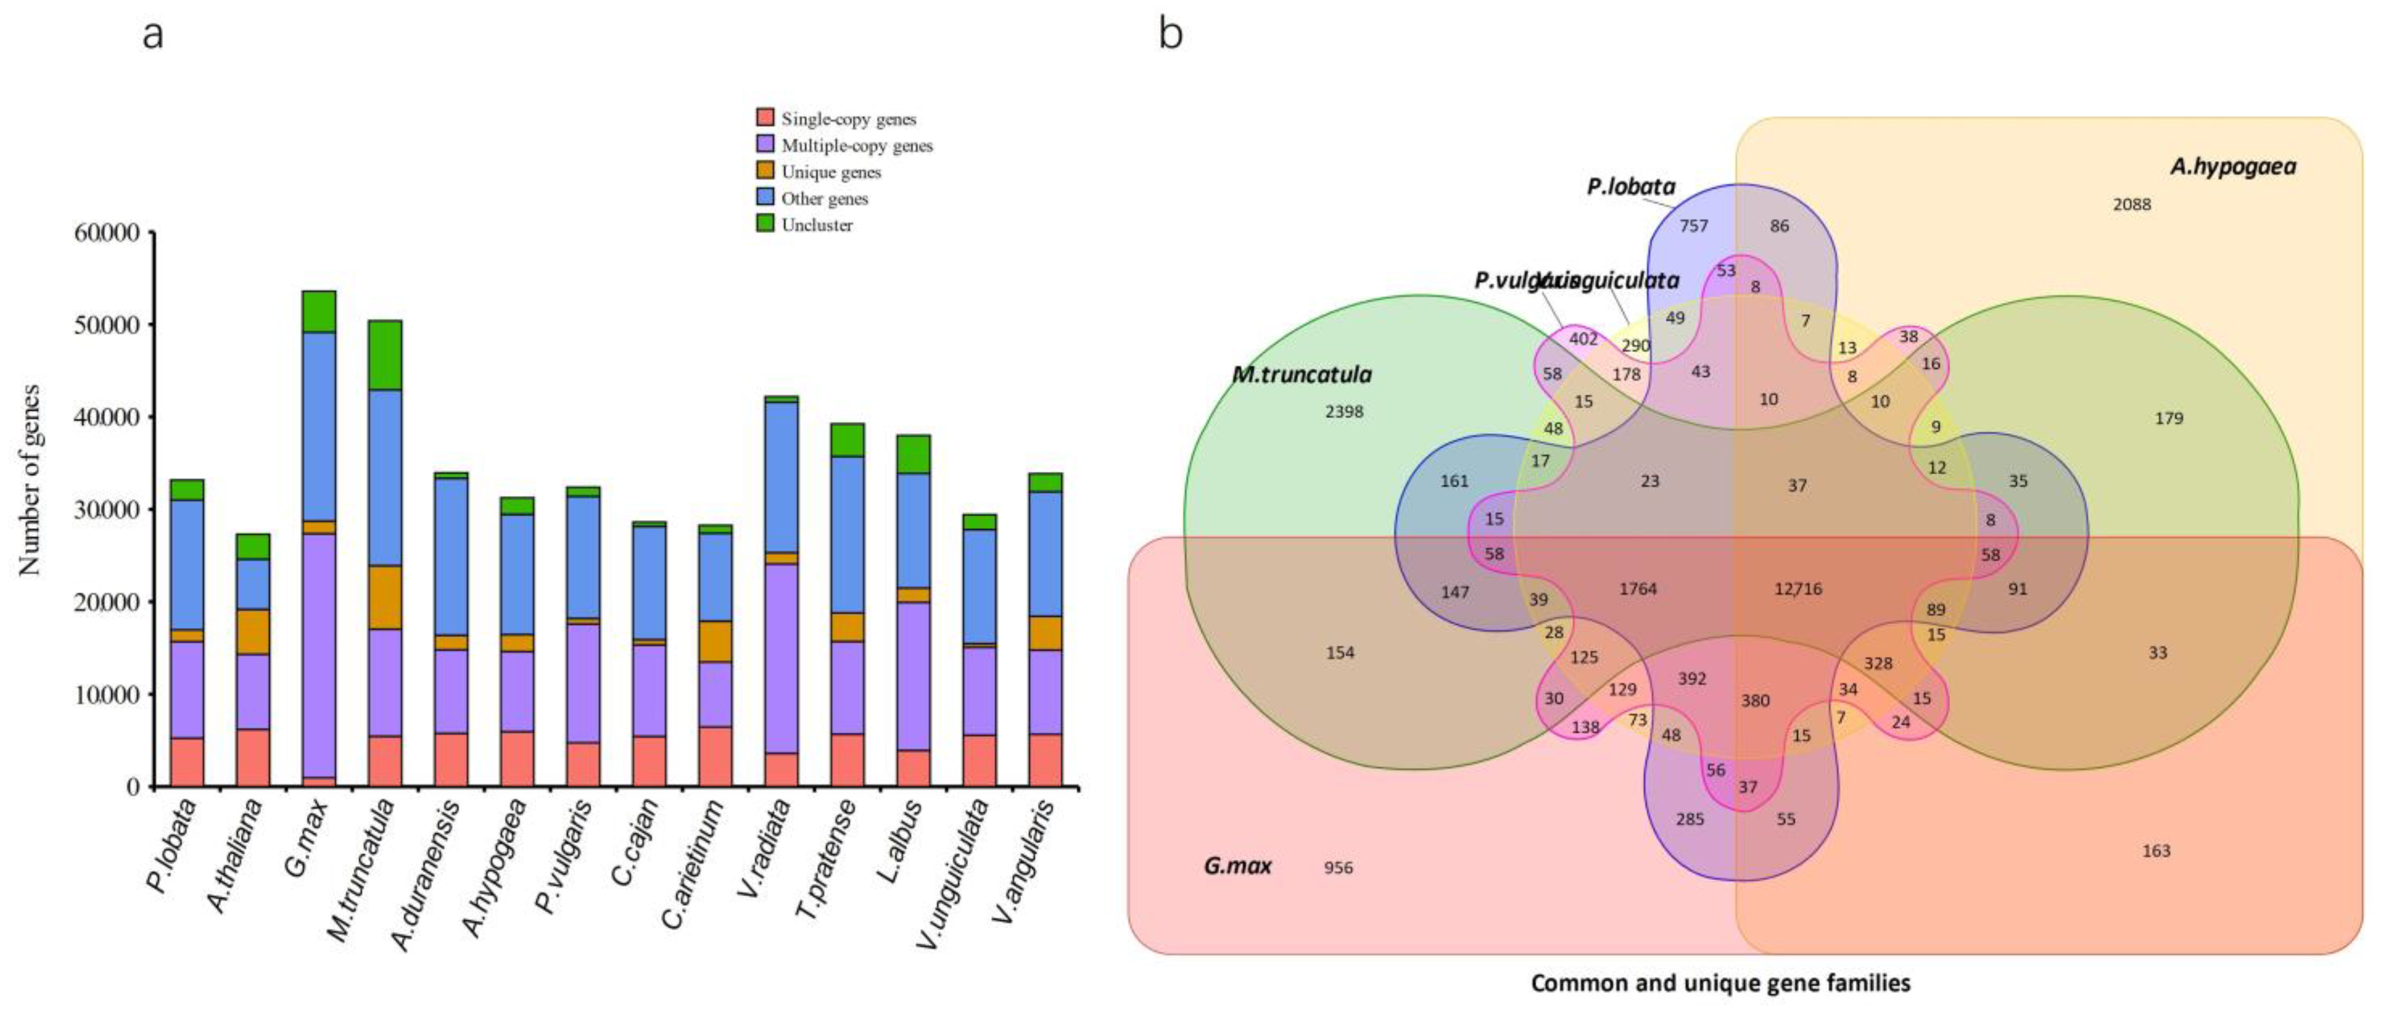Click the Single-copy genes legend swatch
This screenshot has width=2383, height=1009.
coord(765,117)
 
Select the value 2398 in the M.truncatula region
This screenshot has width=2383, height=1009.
coord(1344,412)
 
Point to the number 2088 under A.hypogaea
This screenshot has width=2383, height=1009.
coord(2131,204)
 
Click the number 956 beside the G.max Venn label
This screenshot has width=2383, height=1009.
coord(1338,867)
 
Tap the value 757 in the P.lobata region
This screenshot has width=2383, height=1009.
coord(1693,226)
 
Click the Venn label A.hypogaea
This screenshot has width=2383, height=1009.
coord(2232,167)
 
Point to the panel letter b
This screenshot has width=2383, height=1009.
coord(1170,35)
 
